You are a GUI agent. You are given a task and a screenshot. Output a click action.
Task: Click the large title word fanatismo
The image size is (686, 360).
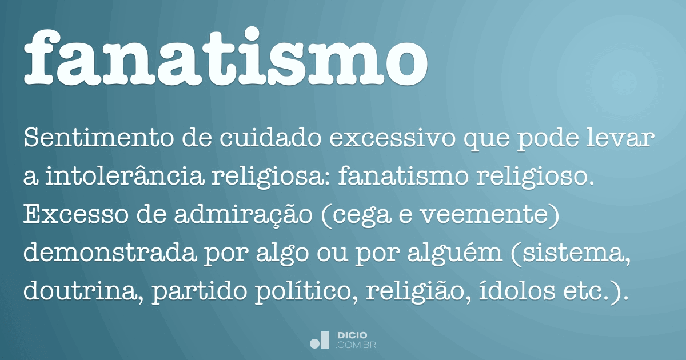click(225, 57)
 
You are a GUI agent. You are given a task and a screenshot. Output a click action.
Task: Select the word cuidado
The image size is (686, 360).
click(270, 138)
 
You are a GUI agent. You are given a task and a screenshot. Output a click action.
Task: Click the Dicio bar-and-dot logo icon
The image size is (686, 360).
click(320, 340)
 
